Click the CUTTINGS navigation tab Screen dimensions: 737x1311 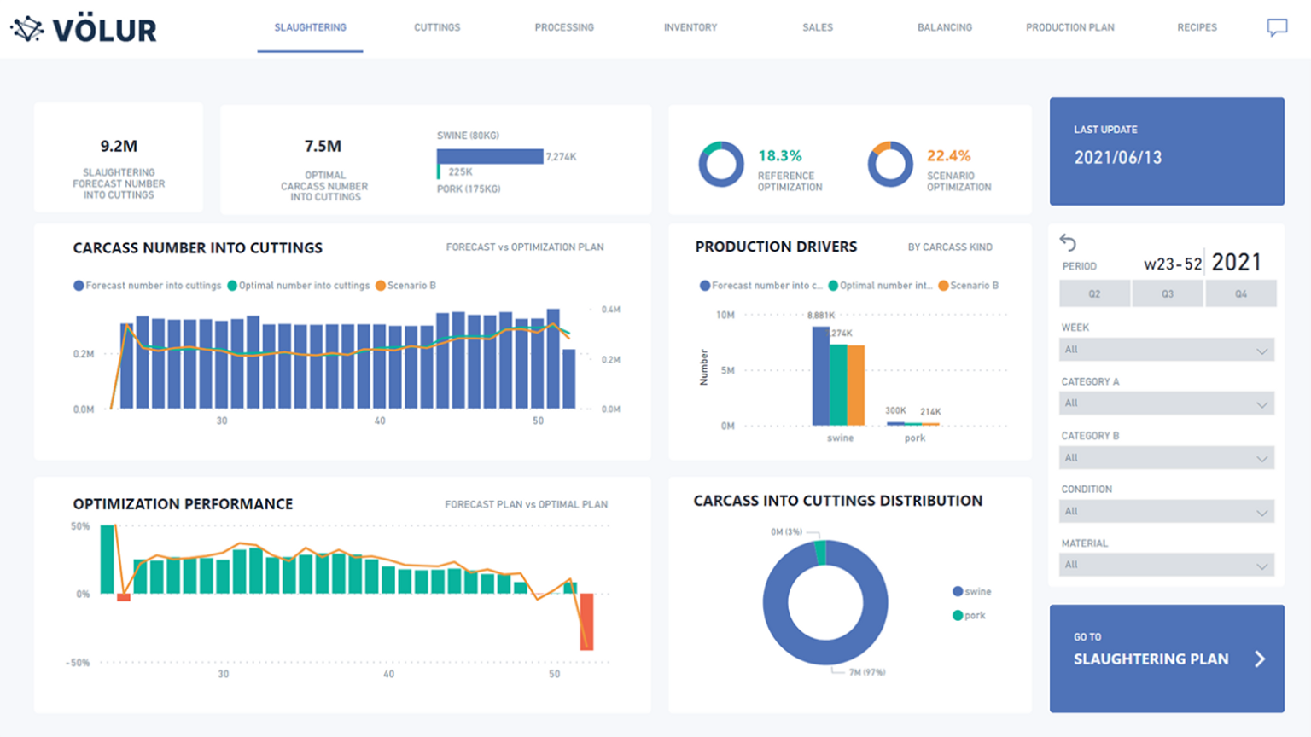coord(437,27)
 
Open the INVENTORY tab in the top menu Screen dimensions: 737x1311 coord(690,27)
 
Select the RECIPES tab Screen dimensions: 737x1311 coord(1197,27)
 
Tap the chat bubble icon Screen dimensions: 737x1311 coord(1277,28)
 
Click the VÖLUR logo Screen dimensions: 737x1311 coord(84,30)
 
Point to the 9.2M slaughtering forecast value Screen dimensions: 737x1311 coord(119,147)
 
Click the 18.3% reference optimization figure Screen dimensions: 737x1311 coord(780,156)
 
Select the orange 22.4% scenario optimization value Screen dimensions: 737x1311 coord(948,156)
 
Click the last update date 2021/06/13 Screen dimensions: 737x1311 coord(1117,158)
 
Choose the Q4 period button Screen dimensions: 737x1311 coord(1240,293)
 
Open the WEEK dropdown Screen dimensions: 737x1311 coord(1166,350)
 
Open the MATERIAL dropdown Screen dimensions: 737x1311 coord(1166,565)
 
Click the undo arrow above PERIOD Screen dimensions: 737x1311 coord(1068,242)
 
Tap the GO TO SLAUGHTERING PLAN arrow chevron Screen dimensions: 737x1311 coord(1260,659)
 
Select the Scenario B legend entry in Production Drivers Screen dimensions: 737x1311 coord(969,286)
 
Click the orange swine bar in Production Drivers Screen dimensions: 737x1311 coord(856,385)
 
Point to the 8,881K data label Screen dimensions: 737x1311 coord(820,316)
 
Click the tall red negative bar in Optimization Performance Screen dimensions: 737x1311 coord(586,621)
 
